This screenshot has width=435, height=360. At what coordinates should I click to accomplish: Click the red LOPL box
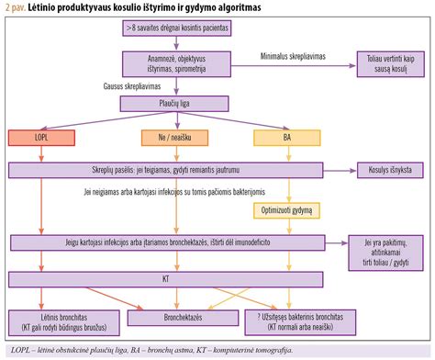tap(40, 138)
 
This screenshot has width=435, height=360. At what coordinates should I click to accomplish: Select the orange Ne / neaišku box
tap(166, 138)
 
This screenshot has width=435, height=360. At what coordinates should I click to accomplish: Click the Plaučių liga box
tap(166, 104)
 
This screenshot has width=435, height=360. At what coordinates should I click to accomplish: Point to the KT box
tap(166, 276)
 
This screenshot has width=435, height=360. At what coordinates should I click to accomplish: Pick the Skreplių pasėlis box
tap(166, 170)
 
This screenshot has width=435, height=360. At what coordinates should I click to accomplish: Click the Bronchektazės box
tap(166, 319)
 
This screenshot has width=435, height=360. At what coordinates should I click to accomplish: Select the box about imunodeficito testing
tap(166, 242)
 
